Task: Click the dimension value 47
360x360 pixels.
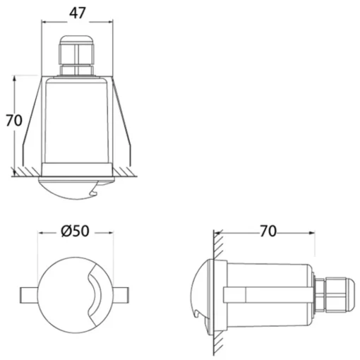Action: (x=77, y=13)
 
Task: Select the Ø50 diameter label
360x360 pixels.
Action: (x=75, y=231)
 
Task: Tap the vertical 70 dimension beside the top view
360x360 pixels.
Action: (x=14, y=121)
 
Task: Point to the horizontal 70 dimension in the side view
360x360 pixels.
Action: (x=268, y=231)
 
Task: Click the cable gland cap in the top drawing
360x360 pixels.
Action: (x=77, y=49)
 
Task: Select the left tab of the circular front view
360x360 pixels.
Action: (x=29, y=295)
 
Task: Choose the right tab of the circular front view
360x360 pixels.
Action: (x=121, y=295)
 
